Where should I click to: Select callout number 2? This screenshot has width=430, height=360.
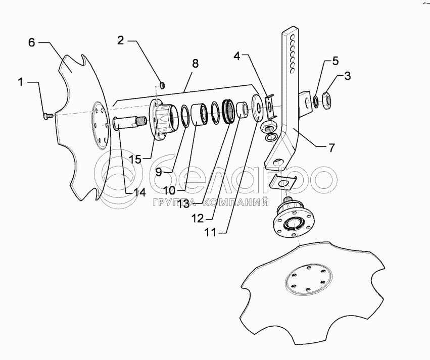121,41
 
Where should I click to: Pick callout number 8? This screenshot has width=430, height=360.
195,64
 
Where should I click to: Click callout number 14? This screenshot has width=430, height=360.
139,192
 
